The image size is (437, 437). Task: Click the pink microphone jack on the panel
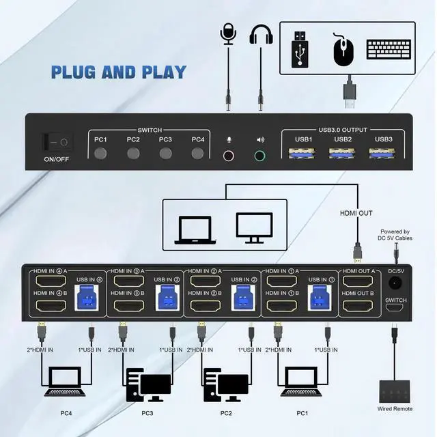(230, 155)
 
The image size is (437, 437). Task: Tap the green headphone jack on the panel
(259, 155)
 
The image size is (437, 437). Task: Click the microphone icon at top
(227, 36)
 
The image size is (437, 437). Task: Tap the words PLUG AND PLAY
(119, 72)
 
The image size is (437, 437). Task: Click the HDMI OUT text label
(356, 213)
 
